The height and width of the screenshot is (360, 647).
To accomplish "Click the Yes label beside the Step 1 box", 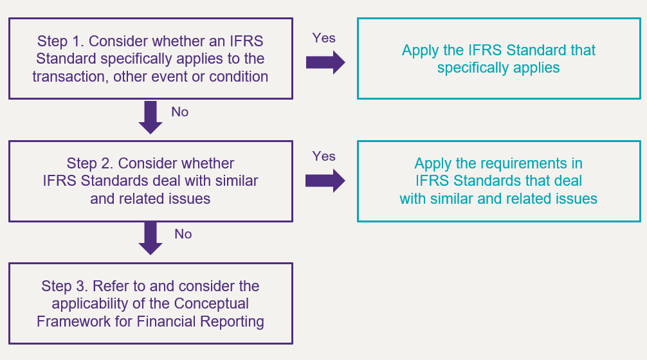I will coord(324,38).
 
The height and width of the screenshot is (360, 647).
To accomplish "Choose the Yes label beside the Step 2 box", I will coord(324,156).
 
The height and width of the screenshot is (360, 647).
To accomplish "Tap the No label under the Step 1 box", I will coord(180,112).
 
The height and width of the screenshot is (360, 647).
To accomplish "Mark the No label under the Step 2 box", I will coord(183,234).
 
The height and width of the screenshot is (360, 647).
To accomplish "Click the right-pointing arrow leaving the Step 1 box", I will coord(325,62).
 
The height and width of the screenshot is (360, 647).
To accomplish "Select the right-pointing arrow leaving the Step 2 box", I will coord(325,180).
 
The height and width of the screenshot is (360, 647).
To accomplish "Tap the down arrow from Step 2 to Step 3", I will coord(150,239).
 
